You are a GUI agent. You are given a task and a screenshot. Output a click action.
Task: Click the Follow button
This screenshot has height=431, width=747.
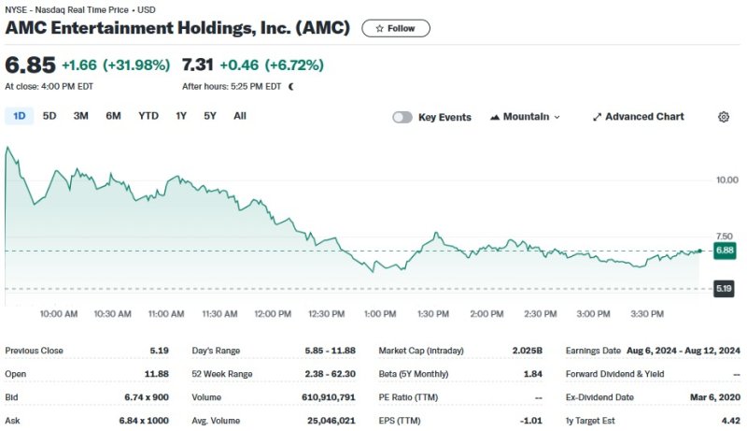[396, 28]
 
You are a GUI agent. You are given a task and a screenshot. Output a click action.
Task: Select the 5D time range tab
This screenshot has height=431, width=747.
[49, 116]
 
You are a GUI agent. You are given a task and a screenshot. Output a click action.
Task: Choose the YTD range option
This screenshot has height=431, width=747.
[148, 116]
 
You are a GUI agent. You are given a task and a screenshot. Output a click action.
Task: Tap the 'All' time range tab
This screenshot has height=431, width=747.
[240, 116]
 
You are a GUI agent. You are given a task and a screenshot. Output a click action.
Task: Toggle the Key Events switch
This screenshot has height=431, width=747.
[402, 117]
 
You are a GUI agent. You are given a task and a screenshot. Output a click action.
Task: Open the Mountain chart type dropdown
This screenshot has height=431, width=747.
[525, 117]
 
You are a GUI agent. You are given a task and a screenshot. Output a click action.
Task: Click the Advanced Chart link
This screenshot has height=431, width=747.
[638, 117]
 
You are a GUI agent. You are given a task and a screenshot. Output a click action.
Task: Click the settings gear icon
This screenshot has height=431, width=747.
[724, 117]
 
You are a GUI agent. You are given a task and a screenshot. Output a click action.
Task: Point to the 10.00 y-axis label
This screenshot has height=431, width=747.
[726, 180]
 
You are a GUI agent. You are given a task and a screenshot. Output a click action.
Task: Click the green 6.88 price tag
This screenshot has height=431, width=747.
[725, 251]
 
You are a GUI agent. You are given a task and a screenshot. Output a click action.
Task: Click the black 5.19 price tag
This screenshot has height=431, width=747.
[725, 289]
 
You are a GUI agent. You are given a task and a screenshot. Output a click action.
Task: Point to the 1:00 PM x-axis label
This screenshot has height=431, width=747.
[380, 314]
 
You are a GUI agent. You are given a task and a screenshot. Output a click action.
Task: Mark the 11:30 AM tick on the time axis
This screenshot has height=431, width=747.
[219, 314]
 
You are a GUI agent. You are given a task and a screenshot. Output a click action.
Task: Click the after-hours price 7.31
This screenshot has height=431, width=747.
[198, 65]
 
